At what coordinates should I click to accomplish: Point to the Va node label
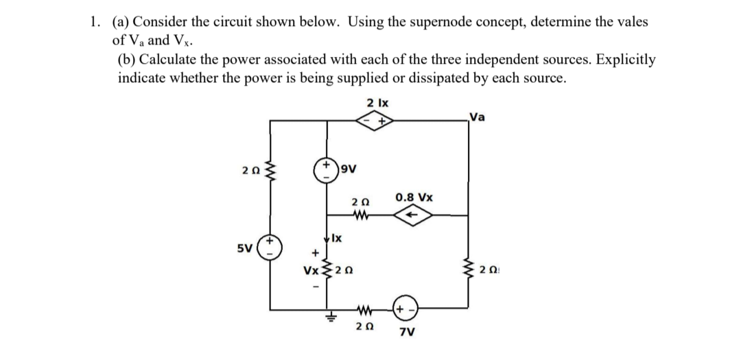(x=479, y=116)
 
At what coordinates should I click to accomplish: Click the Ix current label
(x=337, y=239)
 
